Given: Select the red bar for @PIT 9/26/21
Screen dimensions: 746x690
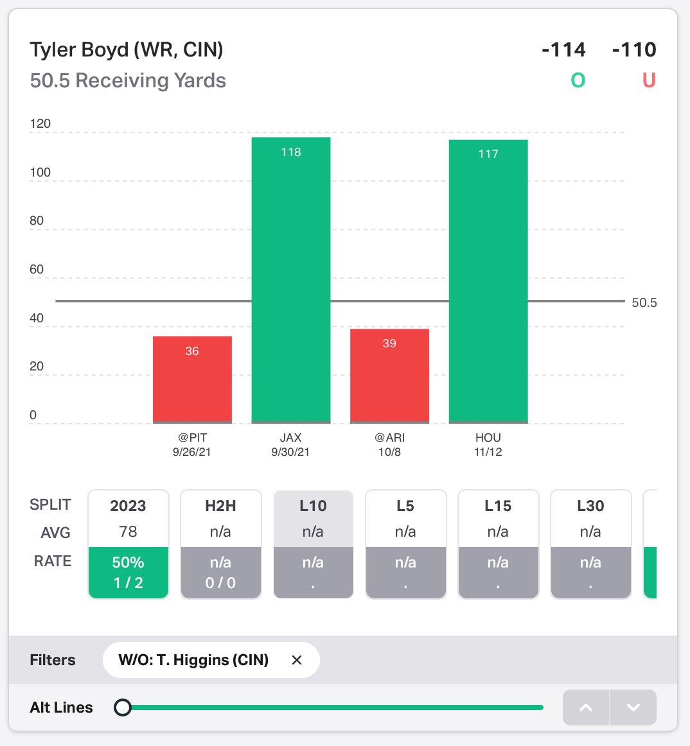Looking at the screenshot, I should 192,379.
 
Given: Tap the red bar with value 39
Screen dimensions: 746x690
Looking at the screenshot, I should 389,376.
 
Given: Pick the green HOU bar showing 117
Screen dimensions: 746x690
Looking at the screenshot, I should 488,281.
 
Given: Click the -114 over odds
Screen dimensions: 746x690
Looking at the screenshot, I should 563,49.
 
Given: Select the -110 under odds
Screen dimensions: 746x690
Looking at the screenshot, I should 634,49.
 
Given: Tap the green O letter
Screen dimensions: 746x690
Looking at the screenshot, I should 578,80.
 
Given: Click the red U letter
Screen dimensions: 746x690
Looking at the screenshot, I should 649,80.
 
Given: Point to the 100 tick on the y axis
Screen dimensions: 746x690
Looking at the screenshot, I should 40,172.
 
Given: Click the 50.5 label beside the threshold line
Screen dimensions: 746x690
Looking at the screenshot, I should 644,302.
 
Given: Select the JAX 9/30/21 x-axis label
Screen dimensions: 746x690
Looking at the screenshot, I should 290,444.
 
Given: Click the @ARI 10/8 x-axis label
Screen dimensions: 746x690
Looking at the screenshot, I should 389,444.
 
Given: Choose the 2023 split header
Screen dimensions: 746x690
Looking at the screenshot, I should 128,506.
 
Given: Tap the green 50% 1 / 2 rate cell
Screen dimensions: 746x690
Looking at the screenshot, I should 128,572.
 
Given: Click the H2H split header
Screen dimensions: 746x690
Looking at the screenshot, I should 220,506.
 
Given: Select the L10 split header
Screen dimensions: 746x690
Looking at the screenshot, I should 313,506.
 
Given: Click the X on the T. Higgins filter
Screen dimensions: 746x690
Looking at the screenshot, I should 297,660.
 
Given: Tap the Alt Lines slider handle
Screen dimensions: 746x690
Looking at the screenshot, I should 123,707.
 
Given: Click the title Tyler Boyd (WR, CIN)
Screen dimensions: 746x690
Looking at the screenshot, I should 127,49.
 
